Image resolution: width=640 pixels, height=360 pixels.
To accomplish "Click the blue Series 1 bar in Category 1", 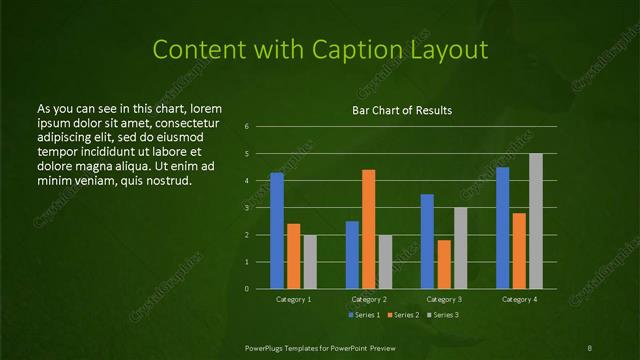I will [277, 231].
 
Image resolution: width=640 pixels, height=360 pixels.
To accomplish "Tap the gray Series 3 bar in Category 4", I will [536, 221].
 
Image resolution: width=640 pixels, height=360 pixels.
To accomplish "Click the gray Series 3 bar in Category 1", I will [310, 262].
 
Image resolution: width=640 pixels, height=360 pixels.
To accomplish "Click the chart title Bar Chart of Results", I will [402, 109].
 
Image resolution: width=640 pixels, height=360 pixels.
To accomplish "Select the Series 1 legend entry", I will [364, 315].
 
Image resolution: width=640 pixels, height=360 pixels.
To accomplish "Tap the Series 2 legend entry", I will [402, 315].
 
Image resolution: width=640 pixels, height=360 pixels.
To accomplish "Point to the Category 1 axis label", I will [293, 299].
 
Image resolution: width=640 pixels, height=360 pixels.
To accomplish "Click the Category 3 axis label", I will [444, 299].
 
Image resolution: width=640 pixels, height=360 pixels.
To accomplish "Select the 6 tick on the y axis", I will [260, 127].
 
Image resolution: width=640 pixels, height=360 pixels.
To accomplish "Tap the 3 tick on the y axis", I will [260, 208].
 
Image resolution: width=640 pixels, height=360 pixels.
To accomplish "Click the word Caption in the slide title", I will [377, 50].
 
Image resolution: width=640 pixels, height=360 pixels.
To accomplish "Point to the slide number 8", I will [589, 347].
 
